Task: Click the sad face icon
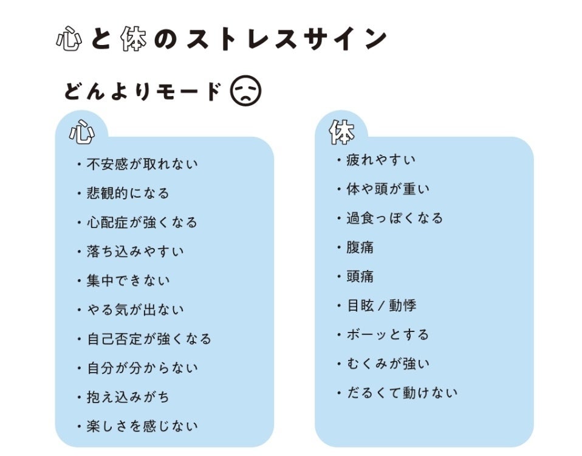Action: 245,91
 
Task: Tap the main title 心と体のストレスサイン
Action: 222,38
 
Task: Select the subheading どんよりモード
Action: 143,91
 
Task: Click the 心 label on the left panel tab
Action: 81,132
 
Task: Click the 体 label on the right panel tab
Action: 342,132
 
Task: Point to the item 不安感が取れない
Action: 142,164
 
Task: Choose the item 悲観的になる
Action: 128,193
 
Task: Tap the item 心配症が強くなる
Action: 142,223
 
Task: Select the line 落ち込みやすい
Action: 135,251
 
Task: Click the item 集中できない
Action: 128,281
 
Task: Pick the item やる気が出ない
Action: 135,309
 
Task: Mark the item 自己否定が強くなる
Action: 149,339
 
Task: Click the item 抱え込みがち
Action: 128,398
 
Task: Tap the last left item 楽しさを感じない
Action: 142,426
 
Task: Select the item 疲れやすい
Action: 381,160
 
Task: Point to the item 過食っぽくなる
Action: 394,218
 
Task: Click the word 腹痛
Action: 360,247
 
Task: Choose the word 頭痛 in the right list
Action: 360,277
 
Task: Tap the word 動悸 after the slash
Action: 403,306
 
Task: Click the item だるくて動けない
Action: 402,393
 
